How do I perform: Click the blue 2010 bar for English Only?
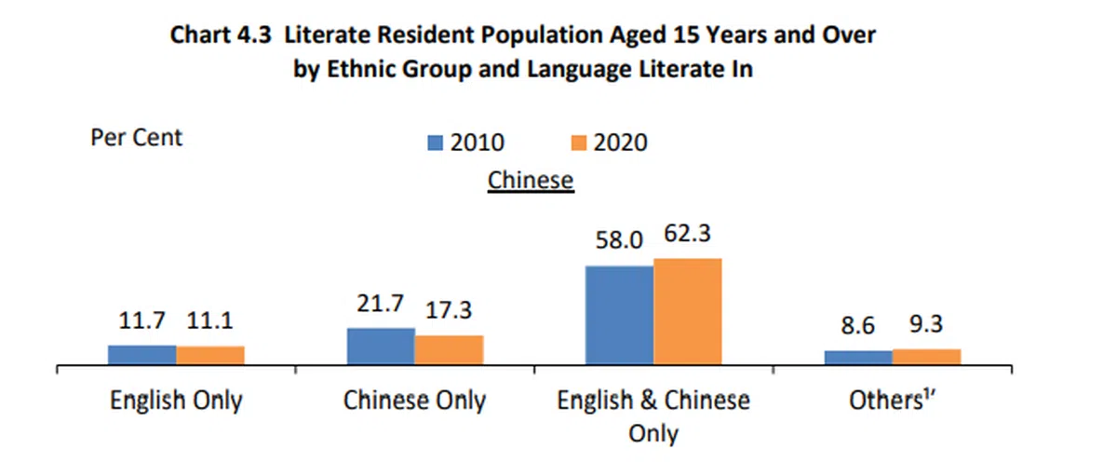pyautogui.click(x=141, y=354)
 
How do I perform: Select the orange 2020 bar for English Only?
pyautogui.click(x=210, y=355)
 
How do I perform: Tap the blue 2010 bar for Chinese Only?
pyautogui.click(x=381, y=346)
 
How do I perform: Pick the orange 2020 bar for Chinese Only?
pyautogui.click(x=449, y=349)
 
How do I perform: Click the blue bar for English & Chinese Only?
pyautogui.click(x=619, y=315)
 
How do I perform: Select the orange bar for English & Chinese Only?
pyautogui.click(x=687, y=311)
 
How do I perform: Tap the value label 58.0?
pyautogui.click(x=619, y=240)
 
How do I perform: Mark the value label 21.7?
pyautogui.click(x=381, y=303)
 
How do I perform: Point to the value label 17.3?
pyautogui.click(x=450, y=310)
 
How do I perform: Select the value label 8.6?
pyautogui.click(x=857, y=327)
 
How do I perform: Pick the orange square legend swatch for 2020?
pyautogui.click(x=577, y=143)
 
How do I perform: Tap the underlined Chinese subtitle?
pyautogui.click(x=531, y=179)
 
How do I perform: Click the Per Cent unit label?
pyautogui.click(x=136, y=138)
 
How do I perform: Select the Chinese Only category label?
pyautogui.click(x=414, y=401)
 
